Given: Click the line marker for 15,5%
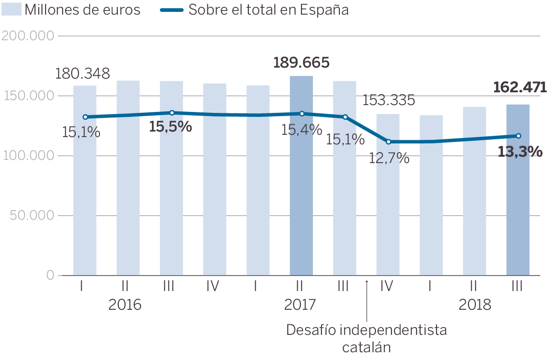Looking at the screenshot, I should tap(172, 113).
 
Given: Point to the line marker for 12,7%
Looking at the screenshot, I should tap(388, 142).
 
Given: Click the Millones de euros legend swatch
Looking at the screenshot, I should tap(11, 9).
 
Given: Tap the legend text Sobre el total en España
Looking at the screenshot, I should tap(269, 10).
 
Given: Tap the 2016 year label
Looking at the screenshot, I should tap(125, 305).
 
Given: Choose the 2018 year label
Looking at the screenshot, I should tap(475, 305).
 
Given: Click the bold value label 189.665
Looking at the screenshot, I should tap(301, 63).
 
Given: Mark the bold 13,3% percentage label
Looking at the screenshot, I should tap(520, 152).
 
